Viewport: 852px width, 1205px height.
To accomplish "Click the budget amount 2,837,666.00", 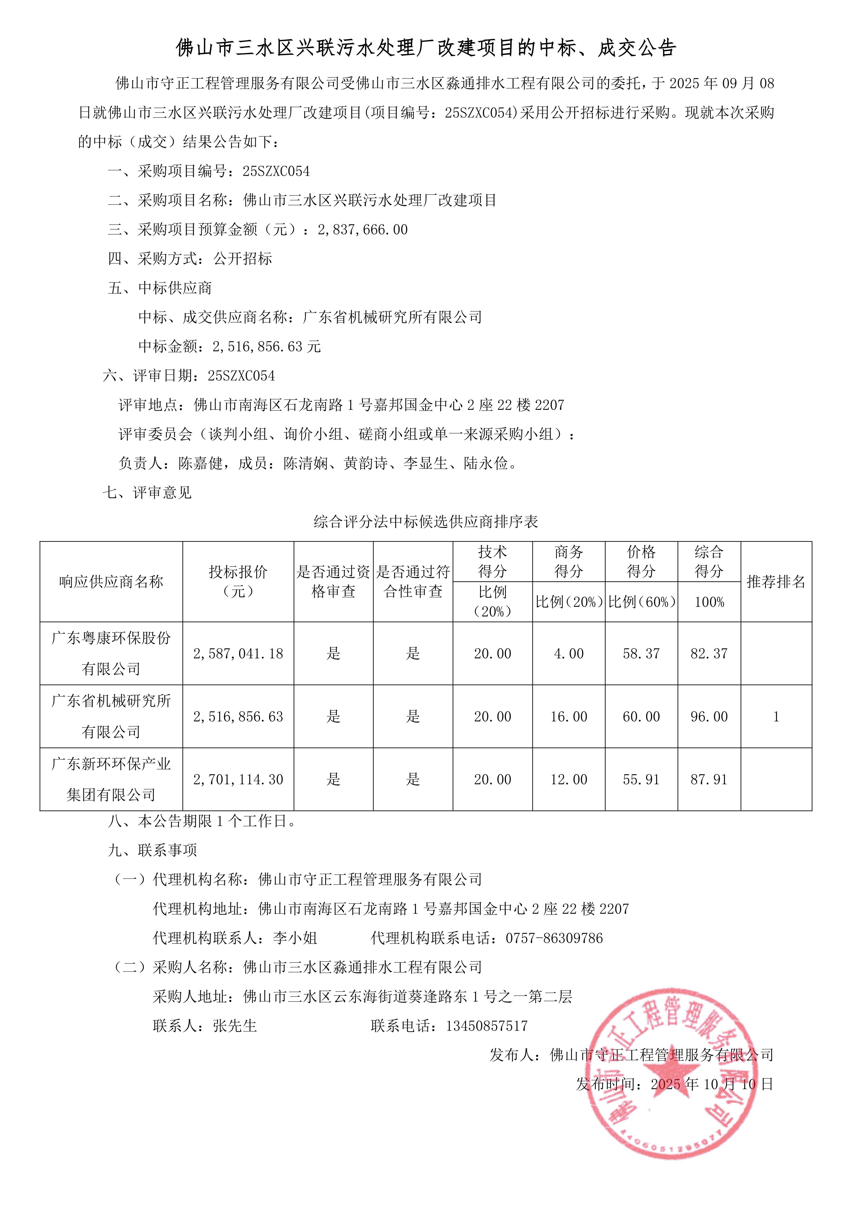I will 363,229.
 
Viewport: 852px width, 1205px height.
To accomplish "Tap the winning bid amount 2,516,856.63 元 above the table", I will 266,346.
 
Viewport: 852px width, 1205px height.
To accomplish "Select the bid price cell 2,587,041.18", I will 238,653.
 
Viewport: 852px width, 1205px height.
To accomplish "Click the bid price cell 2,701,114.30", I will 238,779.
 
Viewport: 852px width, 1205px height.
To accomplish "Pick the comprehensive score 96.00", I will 709,716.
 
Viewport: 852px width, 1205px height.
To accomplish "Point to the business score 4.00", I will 569,653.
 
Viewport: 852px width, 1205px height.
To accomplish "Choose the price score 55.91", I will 641,779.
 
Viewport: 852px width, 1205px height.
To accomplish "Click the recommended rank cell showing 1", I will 776,716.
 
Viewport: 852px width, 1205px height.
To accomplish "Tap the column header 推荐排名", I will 776,582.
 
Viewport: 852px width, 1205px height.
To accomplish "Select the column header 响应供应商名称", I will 111,582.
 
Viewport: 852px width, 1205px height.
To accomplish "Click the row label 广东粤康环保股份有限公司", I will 111,653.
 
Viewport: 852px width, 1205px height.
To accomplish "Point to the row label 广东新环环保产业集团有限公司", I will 111,779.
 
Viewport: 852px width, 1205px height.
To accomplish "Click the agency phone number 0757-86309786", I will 554,938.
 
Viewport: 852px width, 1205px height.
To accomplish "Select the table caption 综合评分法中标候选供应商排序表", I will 426,522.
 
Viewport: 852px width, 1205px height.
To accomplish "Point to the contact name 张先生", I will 235,1025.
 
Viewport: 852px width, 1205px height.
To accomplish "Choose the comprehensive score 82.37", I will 709,653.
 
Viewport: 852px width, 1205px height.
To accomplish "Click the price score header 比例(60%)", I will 641,602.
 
